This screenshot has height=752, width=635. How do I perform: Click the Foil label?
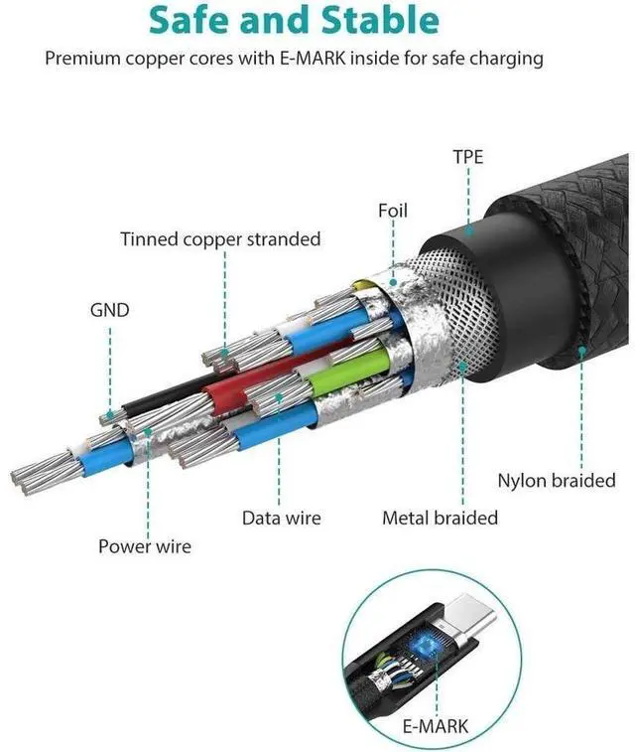point(393,211)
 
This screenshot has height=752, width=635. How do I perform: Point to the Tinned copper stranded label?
point(220,239)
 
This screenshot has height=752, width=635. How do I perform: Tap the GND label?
point(109,311)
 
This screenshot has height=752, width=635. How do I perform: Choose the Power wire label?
point(145,546)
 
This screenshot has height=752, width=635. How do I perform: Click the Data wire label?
point(282,519)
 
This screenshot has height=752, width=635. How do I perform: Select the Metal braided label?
point(441,519)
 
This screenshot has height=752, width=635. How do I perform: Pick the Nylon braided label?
point(557,481)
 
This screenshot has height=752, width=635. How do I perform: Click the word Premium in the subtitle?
point(82,59)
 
